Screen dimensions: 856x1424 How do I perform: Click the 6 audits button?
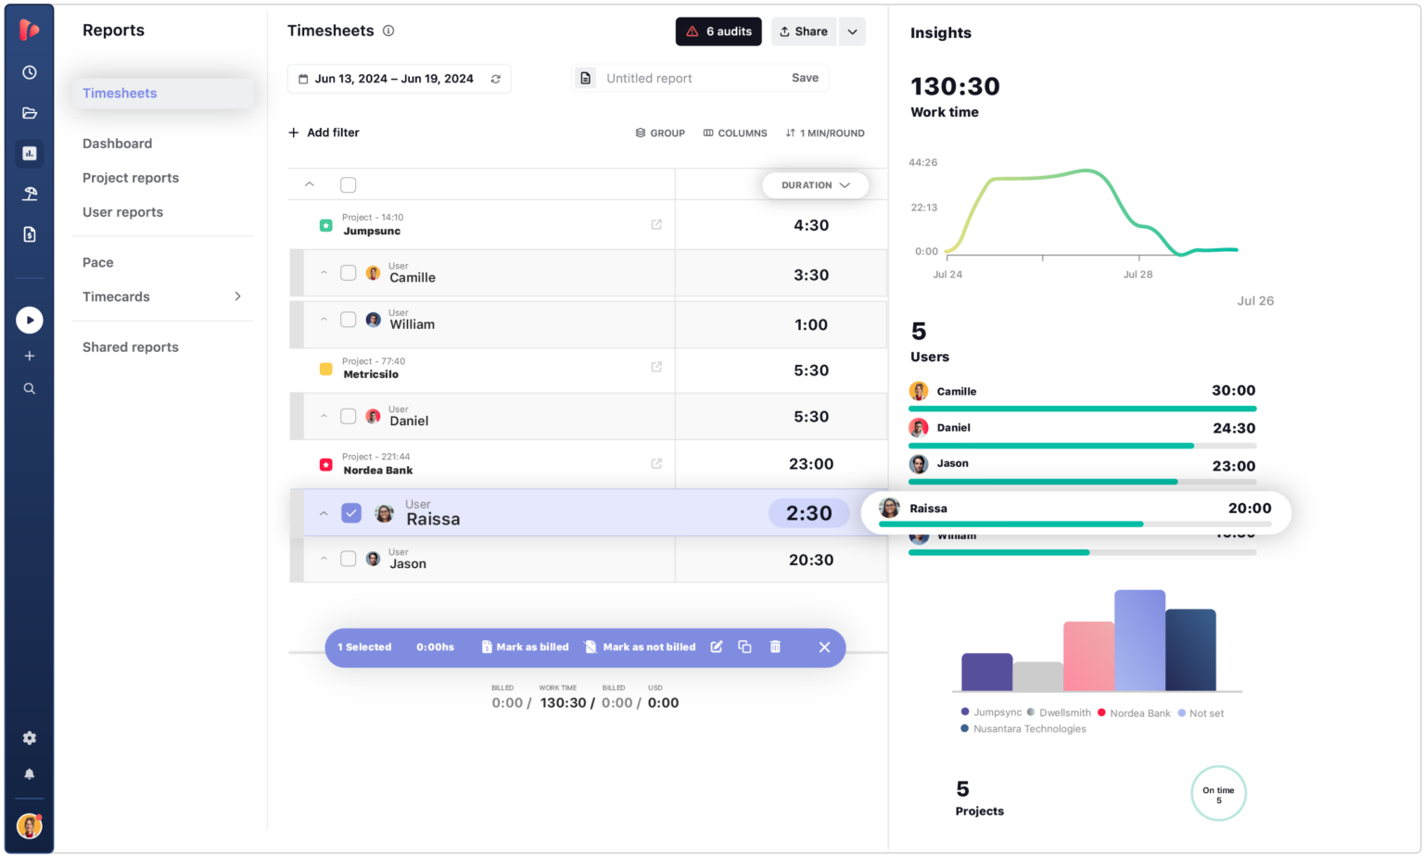pyautogui.click(x=718, y=31)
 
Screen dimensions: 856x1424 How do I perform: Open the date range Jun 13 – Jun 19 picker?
pyautogui.click(x=398, y=79)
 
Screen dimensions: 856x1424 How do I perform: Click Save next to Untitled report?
pyautogui.click(x=804, y=78)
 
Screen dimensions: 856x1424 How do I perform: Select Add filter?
pyautogui.click(x=324, y=132)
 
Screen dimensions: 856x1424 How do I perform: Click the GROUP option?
pyautogui.click(x=660, y=133)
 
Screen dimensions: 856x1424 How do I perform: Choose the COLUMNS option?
pyautogui.click(x=735, y=133)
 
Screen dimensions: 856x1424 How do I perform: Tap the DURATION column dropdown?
pyautogui.click(x=815, y=185)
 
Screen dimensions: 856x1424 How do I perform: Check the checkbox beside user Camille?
pyautogui.click(x=349, y=273)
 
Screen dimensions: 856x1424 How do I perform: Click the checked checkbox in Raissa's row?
pyautogui.click(x=351, y=512)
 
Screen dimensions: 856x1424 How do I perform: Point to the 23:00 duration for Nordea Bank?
pyautogui.click(x=810, y=464)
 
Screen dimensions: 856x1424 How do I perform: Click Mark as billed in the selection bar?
pyautogui.click(x=525, y=648)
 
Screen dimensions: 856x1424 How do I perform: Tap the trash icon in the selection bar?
pyautogui.click(x=775, y=647)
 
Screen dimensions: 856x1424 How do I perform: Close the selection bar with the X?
pyautogui.click(x=824, y=648)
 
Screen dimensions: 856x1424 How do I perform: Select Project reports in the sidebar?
pyautogui.click(x=131, y=178)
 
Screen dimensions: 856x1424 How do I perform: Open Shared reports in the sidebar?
pyautogui.click(x=131, y=347)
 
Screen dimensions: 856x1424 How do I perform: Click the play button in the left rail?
pyautogui.click(x=30, y=321)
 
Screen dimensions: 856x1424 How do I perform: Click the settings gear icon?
pyautogui.click(x=30, y=738)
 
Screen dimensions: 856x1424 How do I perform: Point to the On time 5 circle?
pyautogui.click(x=1218, y=794)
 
